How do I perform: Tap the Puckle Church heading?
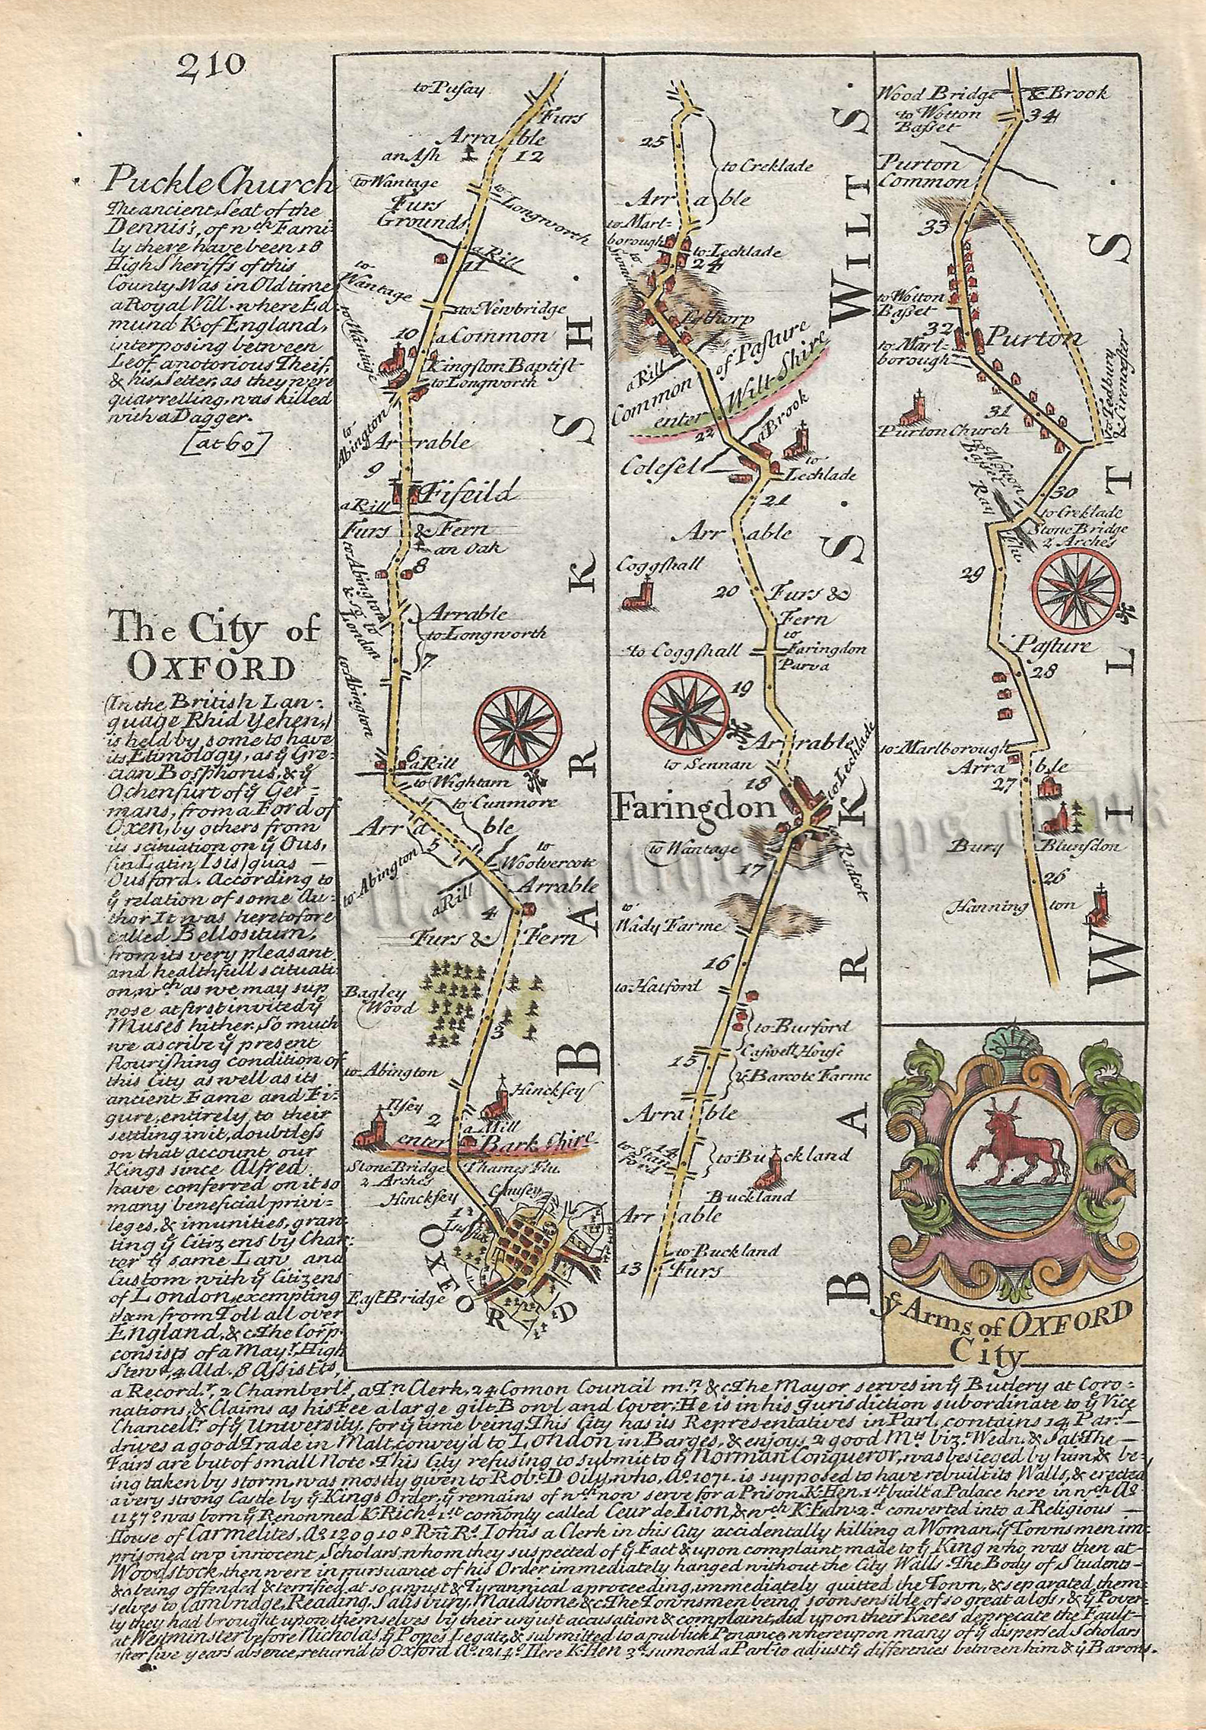[x=221, y=180]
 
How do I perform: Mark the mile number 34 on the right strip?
[x=1036, y=115]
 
